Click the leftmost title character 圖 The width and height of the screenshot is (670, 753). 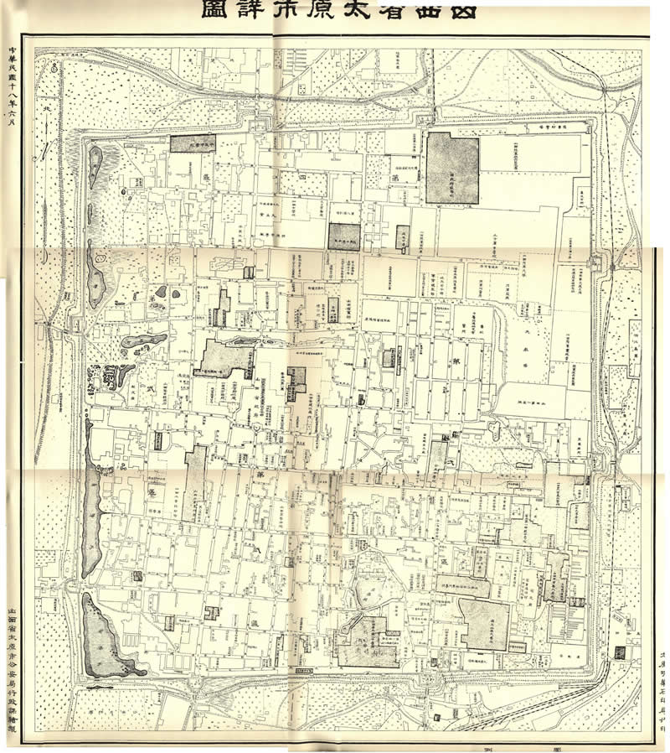(213, 11)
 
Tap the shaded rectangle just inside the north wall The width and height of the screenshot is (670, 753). (193, 143)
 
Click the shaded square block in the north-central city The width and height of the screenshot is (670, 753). (343, 236)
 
